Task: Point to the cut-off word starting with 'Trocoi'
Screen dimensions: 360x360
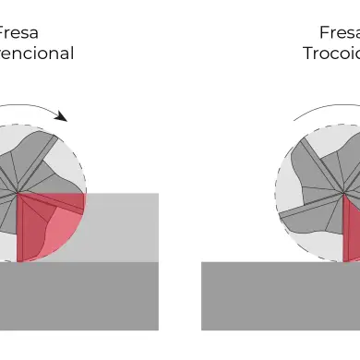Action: (330, 53)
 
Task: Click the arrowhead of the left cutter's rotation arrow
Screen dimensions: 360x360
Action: (62, 117)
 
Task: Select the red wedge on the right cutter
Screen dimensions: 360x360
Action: (351, 231)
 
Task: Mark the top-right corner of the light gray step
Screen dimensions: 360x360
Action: (158, 194)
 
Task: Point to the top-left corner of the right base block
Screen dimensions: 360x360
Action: (202, 263)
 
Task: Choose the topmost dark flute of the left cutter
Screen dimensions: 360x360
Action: (37, 148)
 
